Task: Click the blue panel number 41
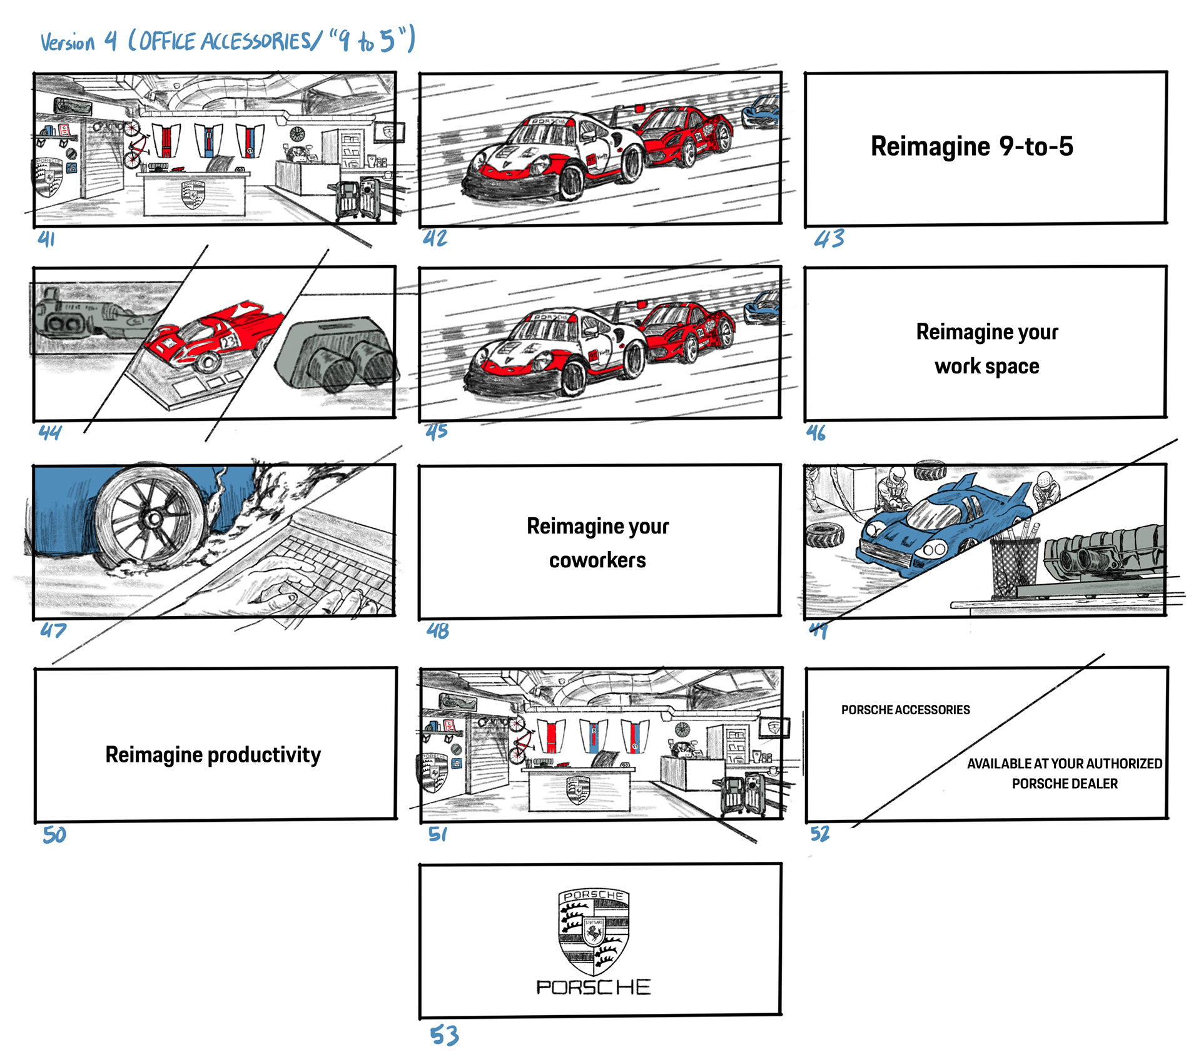46,238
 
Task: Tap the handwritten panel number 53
444,1035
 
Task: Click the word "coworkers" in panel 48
597,560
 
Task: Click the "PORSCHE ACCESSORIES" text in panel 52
905,710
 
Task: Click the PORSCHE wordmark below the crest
594,987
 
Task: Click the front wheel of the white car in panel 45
574,379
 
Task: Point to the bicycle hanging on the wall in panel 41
133,145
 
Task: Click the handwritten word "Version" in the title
68,43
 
